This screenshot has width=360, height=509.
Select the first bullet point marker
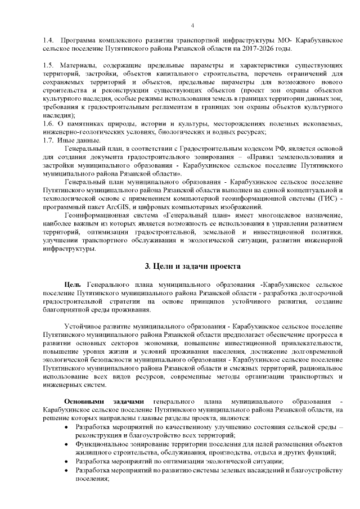pyautogui.click(x=68, y=428)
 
